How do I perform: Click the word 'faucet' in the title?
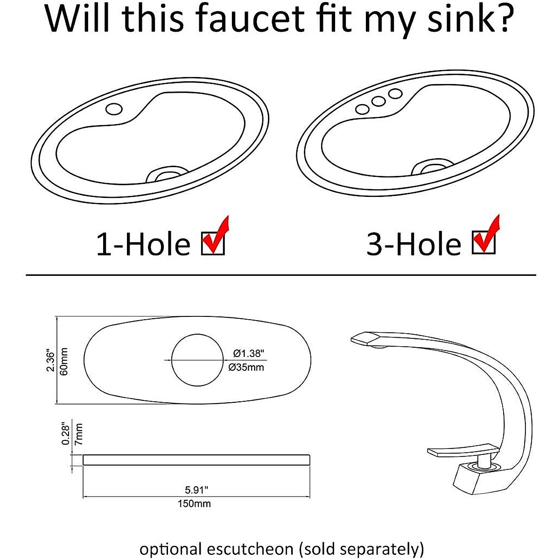pos(243,19)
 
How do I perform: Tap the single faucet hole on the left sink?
pos(113,109)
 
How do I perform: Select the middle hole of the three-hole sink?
pos(378,101)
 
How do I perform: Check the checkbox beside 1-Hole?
pos(213,243)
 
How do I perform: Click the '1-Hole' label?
pos(143,244)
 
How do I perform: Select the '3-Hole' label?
pos(413,244)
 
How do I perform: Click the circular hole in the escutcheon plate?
pos(196,360)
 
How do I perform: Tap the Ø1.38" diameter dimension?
pos(249,353)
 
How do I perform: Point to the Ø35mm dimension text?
pos(246,368)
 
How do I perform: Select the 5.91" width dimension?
pos(196,490)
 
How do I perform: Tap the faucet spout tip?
pos(366,339)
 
